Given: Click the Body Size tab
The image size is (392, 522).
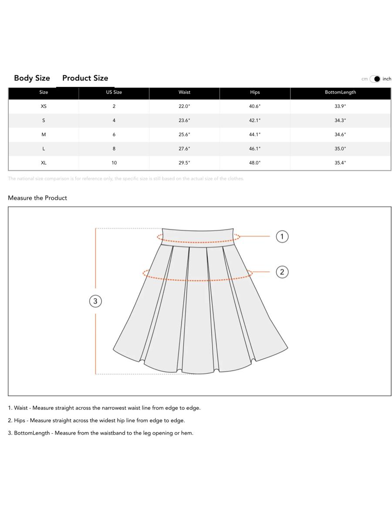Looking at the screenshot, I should (x=32, y=78).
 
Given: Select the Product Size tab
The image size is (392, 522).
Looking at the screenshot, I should (x=85, y=78).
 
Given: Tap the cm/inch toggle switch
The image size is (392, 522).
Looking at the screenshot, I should (x=375, y=79).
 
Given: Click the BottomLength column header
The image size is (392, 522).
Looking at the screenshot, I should (x=340, y=92).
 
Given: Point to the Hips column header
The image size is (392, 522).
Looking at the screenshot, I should (x=255, y=92).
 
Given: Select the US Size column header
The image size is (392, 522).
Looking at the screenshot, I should (x=114, y=92).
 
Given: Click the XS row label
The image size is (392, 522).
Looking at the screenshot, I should (x=44, y=107).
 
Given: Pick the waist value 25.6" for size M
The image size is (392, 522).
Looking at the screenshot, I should (x=184, y=135).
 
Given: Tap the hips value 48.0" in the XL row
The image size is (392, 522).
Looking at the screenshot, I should (x=255, y=163).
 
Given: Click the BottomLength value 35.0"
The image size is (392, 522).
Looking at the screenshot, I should (x=340, y=149).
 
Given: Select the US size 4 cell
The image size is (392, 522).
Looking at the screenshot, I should (x=114, y=120).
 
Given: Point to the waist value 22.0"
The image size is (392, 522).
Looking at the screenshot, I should (x=184, y=107).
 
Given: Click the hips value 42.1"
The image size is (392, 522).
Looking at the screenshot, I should (x=255, y=120).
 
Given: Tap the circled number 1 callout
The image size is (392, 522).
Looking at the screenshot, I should (x=282, y=237).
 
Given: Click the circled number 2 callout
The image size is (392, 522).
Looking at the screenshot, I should (x=282, y=272).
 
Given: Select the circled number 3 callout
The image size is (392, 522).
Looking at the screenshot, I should (x=95, y=301).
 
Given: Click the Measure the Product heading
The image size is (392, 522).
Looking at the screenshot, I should (x=37, y=198).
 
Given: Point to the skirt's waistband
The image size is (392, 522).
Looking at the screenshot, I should (x=198, y=236).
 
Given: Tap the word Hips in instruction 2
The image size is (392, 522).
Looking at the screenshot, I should (x=20, y=421).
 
